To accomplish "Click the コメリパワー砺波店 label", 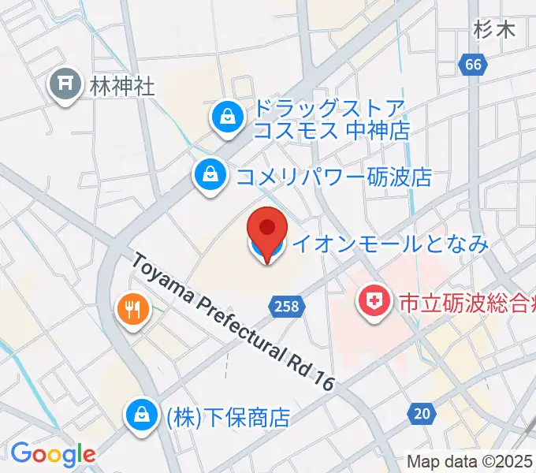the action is pyautogui.click(x=334, y=176).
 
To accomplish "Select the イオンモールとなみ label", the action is pyautogui.click(x=390, y=244).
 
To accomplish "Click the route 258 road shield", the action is pyautogui.click(x=287, y=306).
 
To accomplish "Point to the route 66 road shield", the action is pyautogui.click(x=473, y=66).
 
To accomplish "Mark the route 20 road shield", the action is pyautogui.click(x=422, y=413).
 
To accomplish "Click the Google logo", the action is pyautogui.click(x=52, y=454).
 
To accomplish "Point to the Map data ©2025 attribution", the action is pyautogui.click(x=470, y=461).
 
